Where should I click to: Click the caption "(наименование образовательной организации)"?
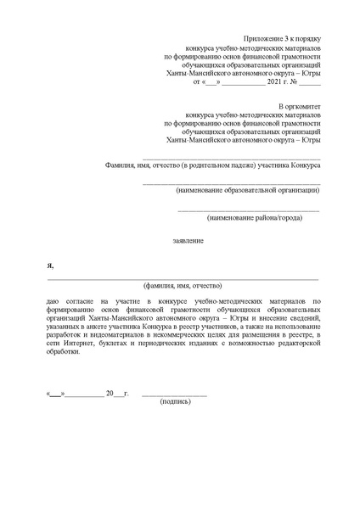point(237,191)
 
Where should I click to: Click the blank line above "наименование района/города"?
point(248,209)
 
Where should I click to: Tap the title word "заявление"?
point(188,241)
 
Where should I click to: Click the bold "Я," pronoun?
point(50,266)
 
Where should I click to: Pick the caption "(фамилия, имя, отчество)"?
point(183,286)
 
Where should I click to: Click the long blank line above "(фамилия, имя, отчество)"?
point(183,278)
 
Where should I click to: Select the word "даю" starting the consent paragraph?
point(53,301)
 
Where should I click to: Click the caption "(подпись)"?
point(176,400)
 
